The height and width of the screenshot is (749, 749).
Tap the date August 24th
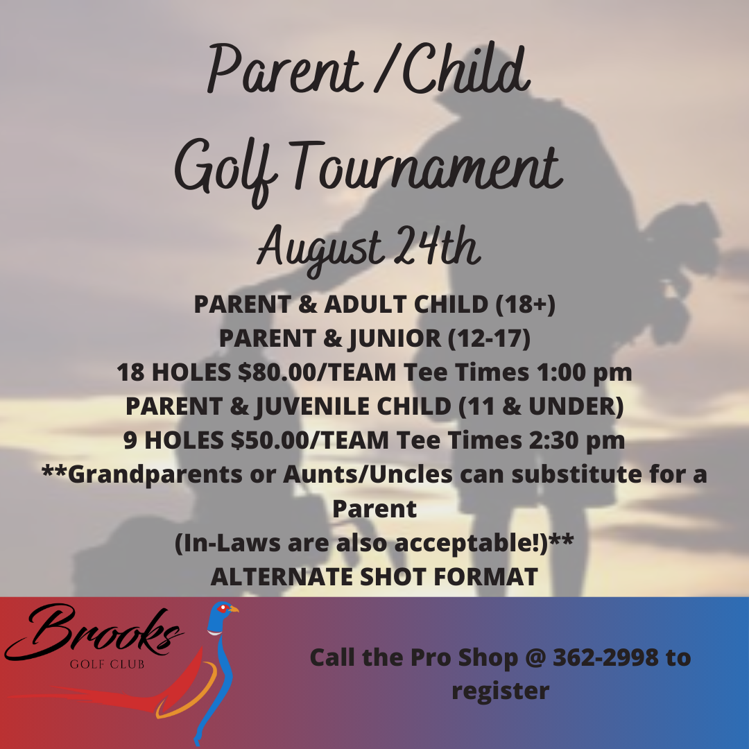[368, 248]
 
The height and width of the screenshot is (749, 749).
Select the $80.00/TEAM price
[317, 372]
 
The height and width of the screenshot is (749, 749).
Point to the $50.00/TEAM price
[309, 440]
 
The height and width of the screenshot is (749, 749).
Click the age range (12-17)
[489, 338]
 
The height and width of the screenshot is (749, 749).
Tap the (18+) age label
[525, 304]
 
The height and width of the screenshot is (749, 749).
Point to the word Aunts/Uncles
[368, 474]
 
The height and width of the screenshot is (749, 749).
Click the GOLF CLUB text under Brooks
[107, 664]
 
